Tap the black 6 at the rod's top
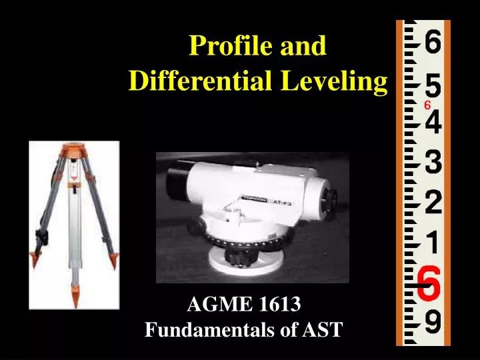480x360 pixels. click(431, 44)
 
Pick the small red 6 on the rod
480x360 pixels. click(427, 106)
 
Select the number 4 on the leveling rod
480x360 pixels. click(431, 124)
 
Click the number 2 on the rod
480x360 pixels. click(431, 202)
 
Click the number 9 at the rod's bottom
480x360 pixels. click(431, 325)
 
